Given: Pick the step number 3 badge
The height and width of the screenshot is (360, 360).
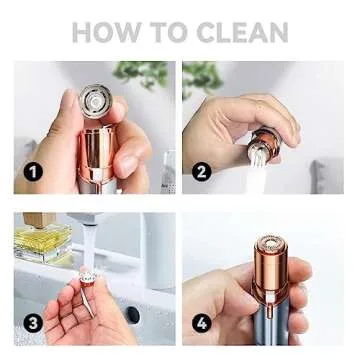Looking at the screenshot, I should click(34, 323).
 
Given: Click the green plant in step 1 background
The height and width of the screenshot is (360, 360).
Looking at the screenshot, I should click(141, 73).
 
